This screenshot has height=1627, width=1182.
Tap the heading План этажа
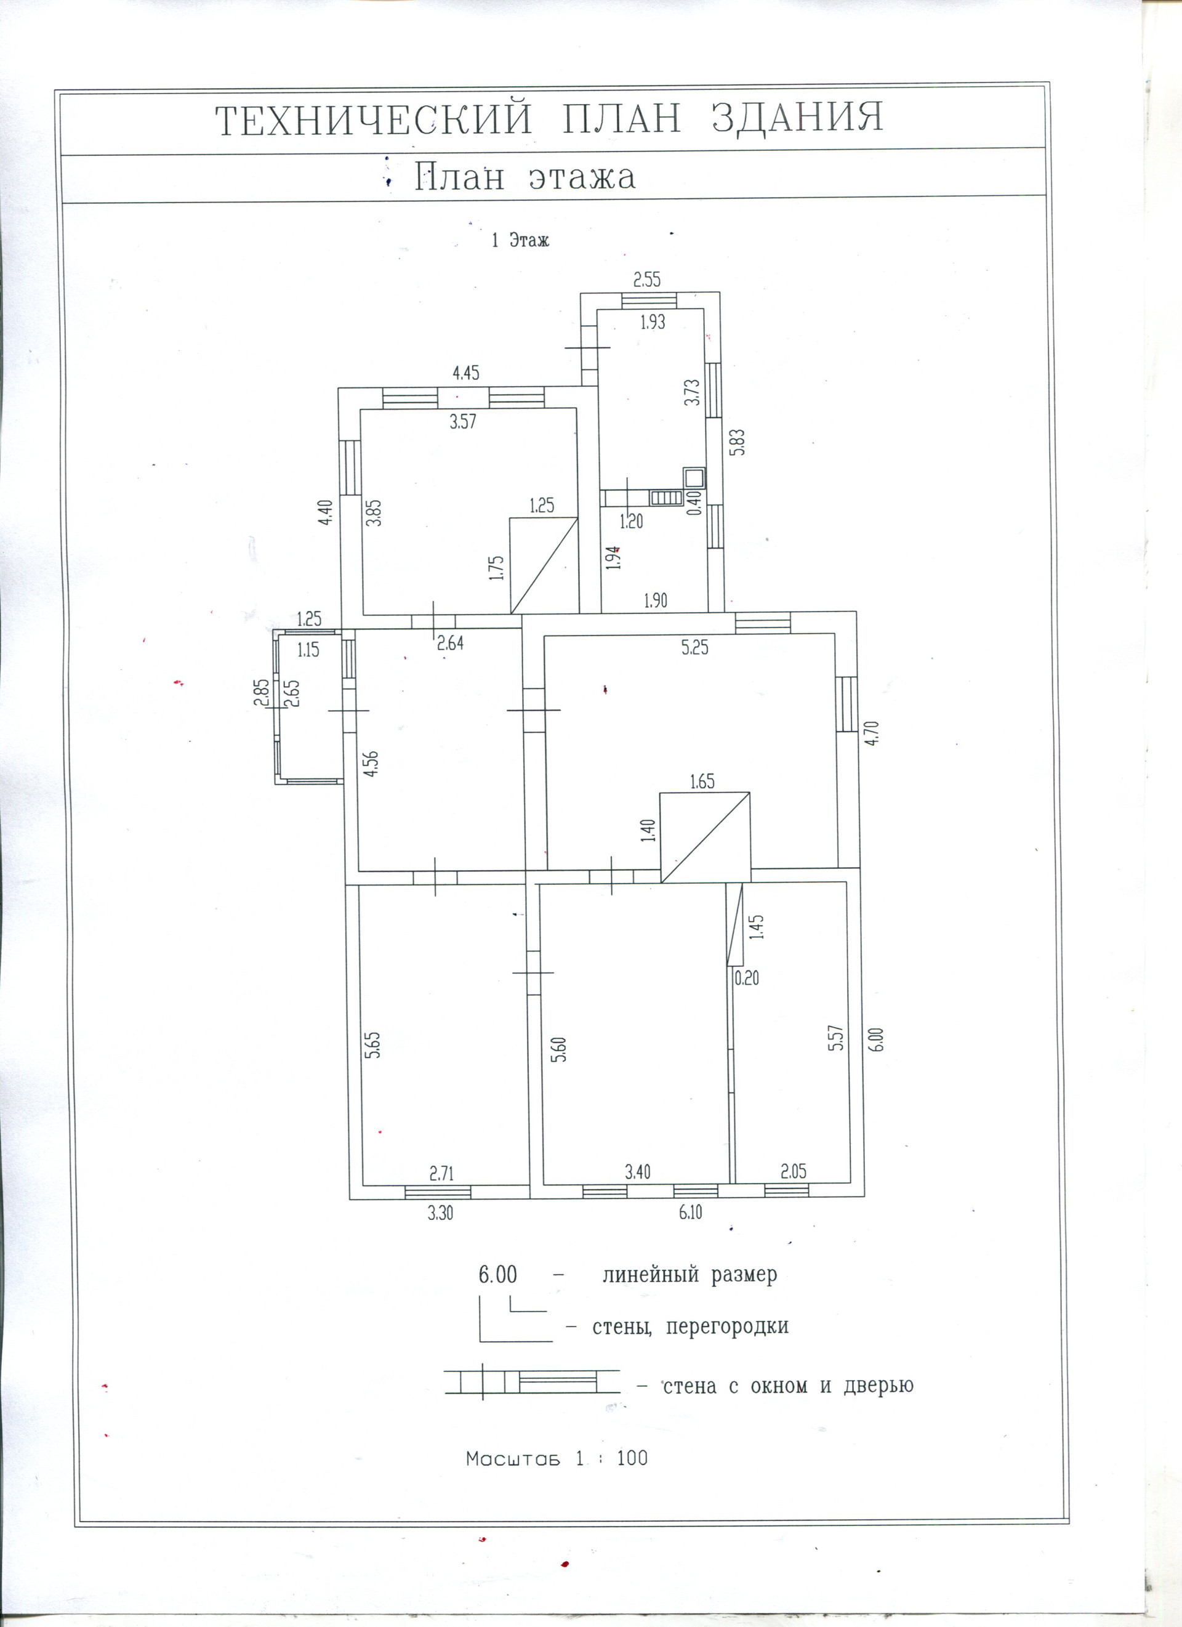[525, 177]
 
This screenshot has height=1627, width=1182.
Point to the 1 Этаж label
[520, 240]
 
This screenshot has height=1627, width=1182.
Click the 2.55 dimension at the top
[646, 280]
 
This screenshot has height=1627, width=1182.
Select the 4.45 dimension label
[465, 373]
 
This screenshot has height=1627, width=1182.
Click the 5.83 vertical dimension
[739, 443]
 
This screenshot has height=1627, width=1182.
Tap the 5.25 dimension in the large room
[694, 648]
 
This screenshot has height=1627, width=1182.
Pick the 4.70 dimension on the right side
[873, 734]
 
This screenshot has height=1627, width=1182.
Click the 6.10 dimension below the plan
[689, 1213]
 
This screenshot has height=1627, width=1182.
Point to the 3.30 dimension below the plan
[440, 1214]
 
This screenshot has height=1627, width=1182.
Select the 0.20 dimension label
[747, 978]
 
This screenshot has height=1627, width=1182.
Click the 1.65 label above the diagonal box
[702, 782]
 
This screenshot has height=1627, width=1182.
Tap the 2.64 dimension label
[451, 644]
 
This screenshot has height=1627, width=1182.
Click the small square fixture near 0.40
[694, 477]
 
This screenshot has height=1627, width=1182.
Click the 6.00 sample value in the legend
[497, 1275]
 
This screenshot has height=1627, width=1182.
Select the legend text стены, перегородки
[690, 1326]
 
